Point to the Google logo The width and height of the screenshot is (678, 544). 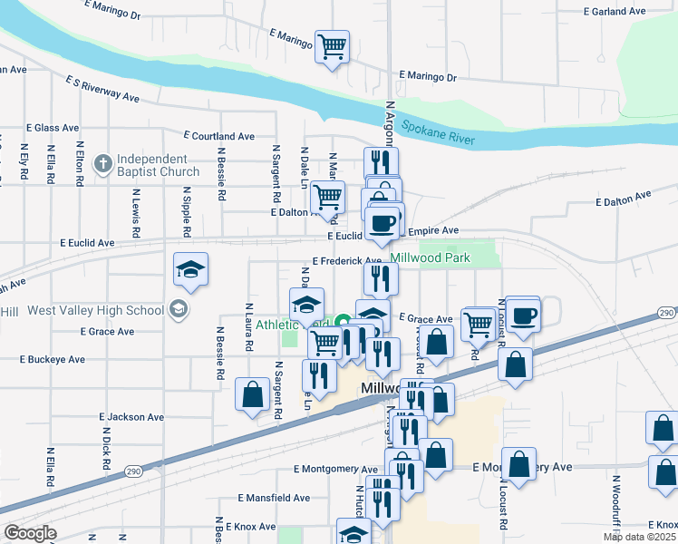coord(29,533)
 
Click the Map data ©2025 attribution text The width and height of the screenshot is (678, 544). coord(639,537)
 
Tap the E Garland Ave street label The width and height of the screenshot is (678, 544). coord(615,12)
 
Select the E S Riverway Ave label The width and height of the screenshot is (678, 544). coord(102,88)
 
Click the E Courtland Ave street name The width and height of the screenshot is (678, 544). coord(218,136)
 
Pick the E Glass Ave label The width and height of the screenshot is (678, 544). coord(54,129)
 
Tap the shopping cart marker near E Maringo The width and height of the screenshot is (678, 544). coord(333,45)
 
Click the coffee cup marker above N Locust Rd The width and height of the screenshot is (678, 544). coord(523,315)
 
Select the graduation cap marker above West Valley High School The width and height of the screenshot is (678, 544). coord(191,268)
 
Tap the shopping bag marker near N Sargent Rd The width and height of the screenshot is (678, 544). coord(252,394)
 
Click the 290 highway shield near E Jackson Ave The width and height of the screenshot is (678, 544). coord(132,473)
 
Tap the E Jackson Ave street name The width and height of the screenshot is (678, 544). coord(131,417)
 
